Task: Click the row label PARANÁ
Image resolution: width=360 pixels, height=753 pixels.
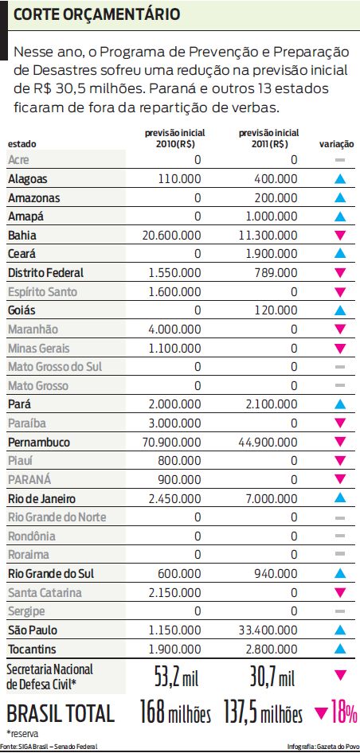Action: pyautogui.click(x=29, y=479)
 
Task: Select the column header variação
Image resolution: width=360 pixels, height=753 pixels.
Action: pyautogui.click(x=337, y=143)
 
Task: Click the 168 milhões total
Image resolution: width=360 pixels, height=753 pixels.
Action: pyautogui.click(x=174, y=713)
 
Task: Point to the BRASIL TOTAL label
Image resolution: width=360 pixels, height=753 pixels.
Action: pyautogui.click(x=61, y=712)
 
